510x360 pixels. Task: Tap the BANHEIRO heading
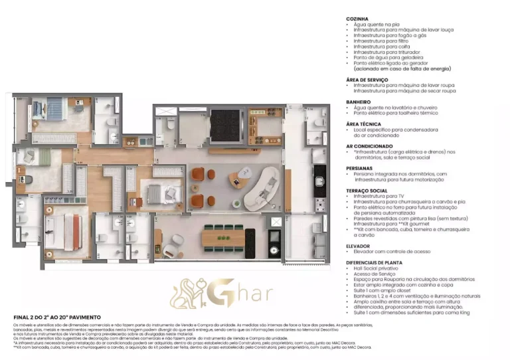click(359, 102)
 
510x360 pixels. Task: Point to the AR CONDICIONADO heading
click(369, 145)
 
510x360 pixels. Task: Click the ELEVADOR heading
click(359, 246)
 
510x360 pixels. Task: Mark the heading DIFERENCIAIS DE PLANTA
click(376, 262)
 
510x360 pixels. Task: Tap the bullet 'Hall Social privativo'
click(379, 268)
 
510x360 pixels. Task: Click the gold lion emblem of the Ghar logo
click(188, 293)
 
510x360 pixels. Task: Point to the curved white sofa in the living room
click(262, 187)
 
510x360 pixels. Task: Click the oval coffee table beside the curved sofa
click(238, 178)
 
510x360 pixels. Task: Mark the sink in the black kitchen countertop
click(319, 179)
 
